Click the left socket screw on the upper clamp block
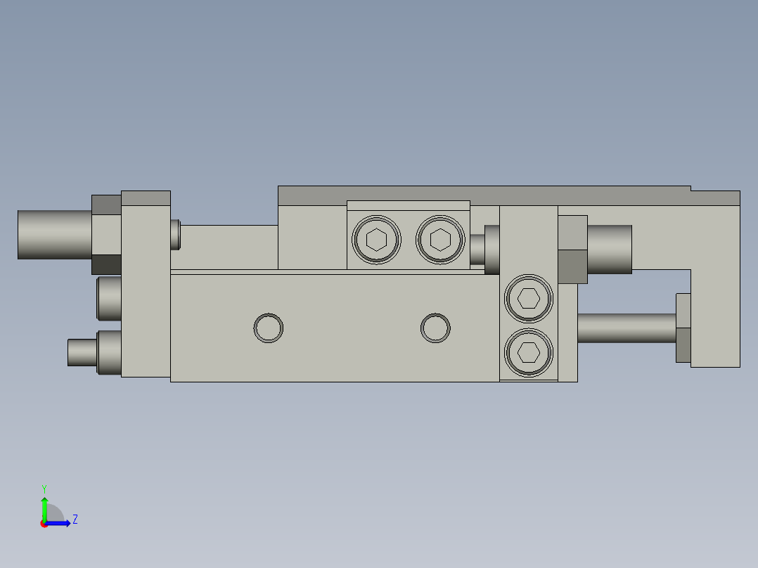click(378, 240)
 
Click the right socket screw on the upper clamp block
click(440, 240)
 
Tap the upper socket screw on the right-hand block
click(529, 299)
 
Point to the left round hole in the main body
click(268, 328)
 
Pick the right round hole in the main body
click(435, 328)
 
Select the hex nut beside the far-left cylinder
click(106, 234)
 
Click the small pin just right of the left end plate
click(175, 234)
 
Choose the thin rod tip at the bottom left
click(81, 352)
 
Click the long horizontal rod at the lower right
click(626, 328)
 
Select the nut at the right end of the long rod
click(683, 328)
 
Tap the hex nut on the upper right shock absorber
click(572, 250)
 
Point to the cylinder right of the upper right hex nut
click(609, 249)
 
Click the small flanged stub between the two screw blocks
click(484, 250)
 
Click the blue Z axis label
click(75, 519)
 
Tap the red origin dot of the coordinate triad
click(44, 524)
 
